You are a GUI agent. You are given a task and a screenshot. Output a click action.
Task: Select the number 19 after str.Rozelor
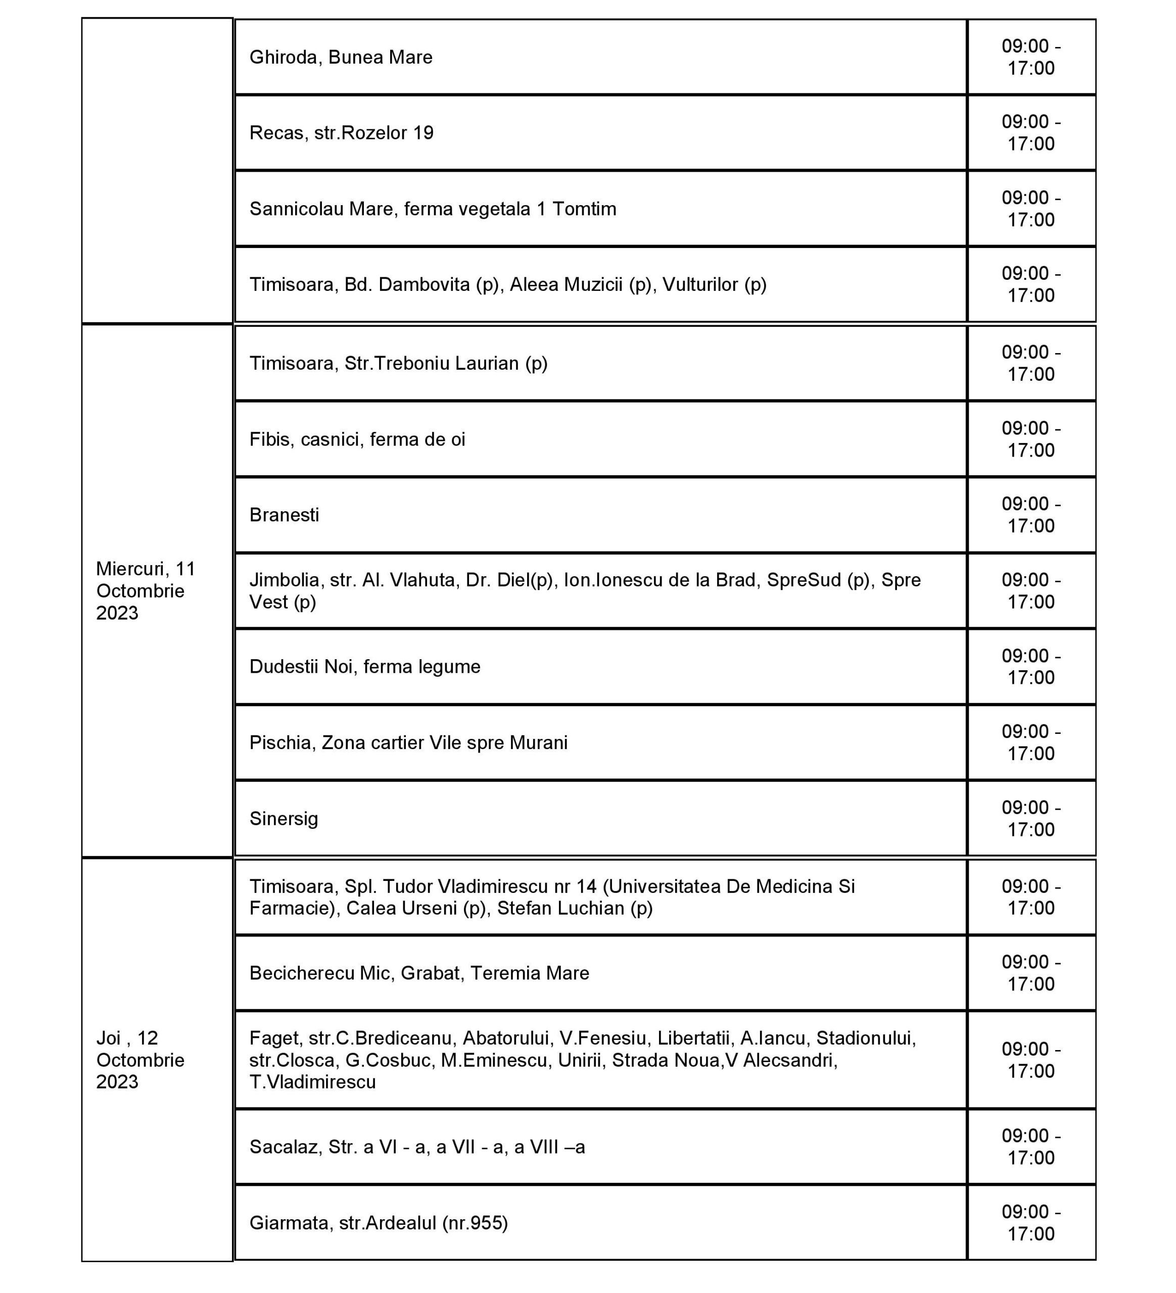click(x=424, y=133)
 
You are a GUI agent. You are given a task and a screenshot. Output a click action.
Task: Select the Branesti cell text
click(x=284, y=515)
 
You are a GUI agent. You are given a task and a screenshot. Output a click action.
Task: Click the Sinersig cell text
click(x=284, y=819)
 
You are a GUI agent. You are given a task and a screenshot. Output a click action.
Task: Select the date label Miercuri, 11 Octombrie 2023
click(x=146, y=591)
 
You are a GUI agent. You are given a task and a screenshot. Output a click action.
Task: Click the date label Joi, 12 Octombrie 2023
click(x=140, y=1060)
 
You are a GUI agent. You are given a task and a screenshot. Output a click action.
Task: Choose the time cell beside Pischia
click(x=1030, y=742)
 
